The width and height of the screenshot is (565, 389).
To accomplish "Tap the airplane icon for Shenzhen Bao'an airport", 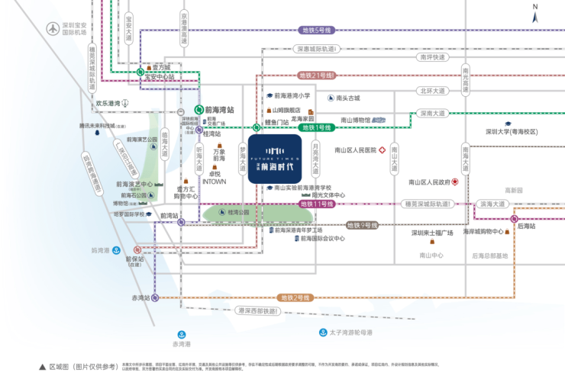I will point(52,29).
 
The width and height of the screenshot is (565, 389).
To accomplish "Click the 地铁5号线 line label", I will point(317,30).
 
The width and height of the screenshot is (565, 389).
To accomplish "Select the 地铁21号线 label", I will point(316,75).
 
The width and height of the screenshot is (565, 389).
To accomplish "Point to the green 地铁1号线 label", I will point(317,127).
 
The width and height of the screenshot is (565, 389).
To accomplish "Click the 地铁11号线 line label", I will point(317,204).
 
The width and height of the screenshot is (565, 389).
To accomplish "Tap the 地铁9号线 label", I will point(363,225).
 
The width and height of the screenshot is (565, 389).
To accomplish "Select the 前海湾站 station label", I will point(219,110).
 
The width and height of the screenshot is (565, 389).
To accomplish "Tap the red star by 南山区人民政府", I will point(455,182).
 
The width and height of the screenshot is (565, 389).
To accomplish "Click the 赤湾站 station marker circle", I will point(156,297).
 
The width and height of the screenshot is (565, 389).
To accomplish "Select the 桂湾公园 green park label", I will point(237,213).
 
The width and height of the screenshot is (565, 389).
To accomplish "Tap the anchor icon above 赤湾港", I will point(182,334).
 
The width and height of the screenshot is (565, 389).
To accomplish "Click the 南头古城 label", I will point(347,98).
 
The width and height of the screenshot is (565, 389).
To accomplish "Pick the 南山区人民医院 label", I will point(356,150).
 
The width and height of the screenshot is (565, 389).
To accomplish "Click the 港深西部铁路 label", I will point(260,310).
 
